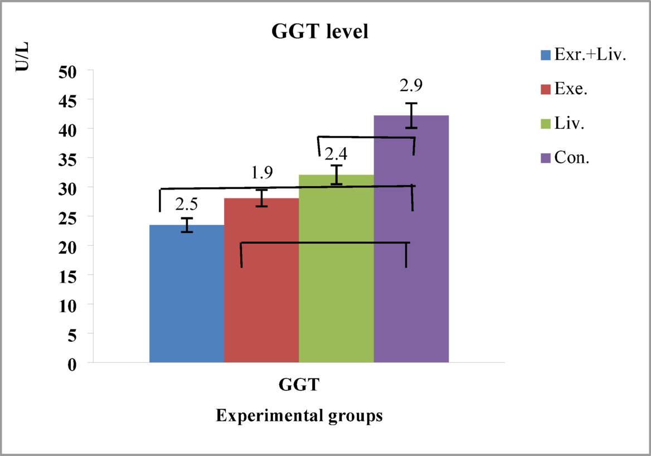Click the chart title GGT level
tap(320, 32)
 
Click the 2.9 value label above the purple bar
tap(411, 86)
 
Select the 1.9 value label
tap(261, 173)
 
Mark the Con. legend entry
tap(571, 158)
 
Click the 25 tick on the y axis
tap(69, 217)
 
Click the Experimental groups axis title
tap(299, 416)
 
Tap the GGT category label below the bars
tap(299, 385)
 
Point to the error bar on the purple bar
tap(411, 115)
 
